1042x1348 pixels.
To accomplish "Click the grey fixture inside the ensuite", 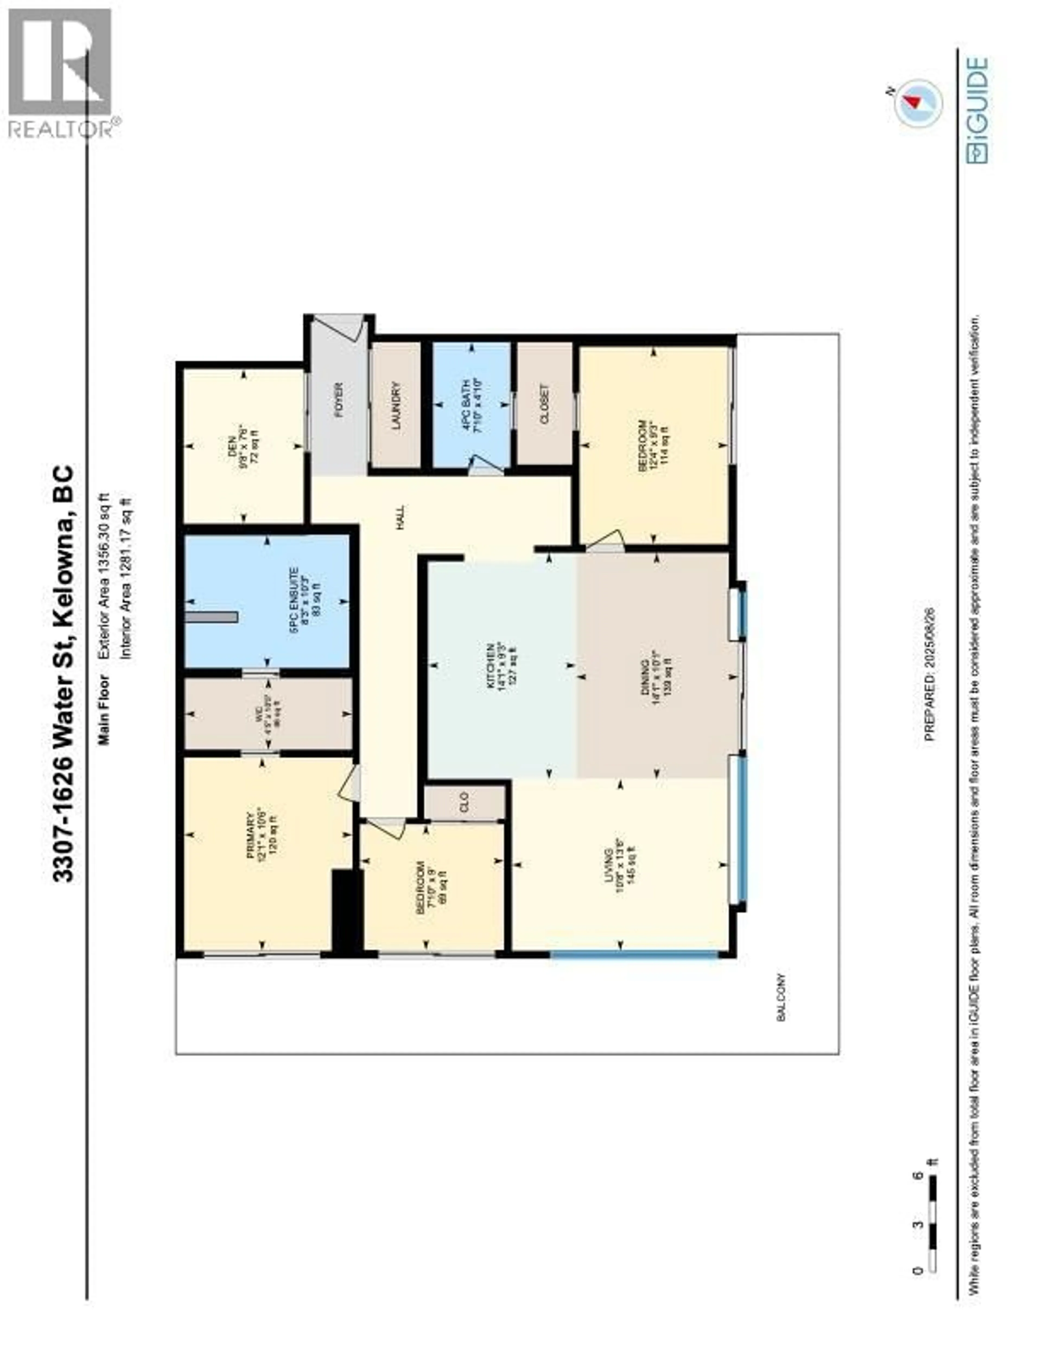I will point(211,617).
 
